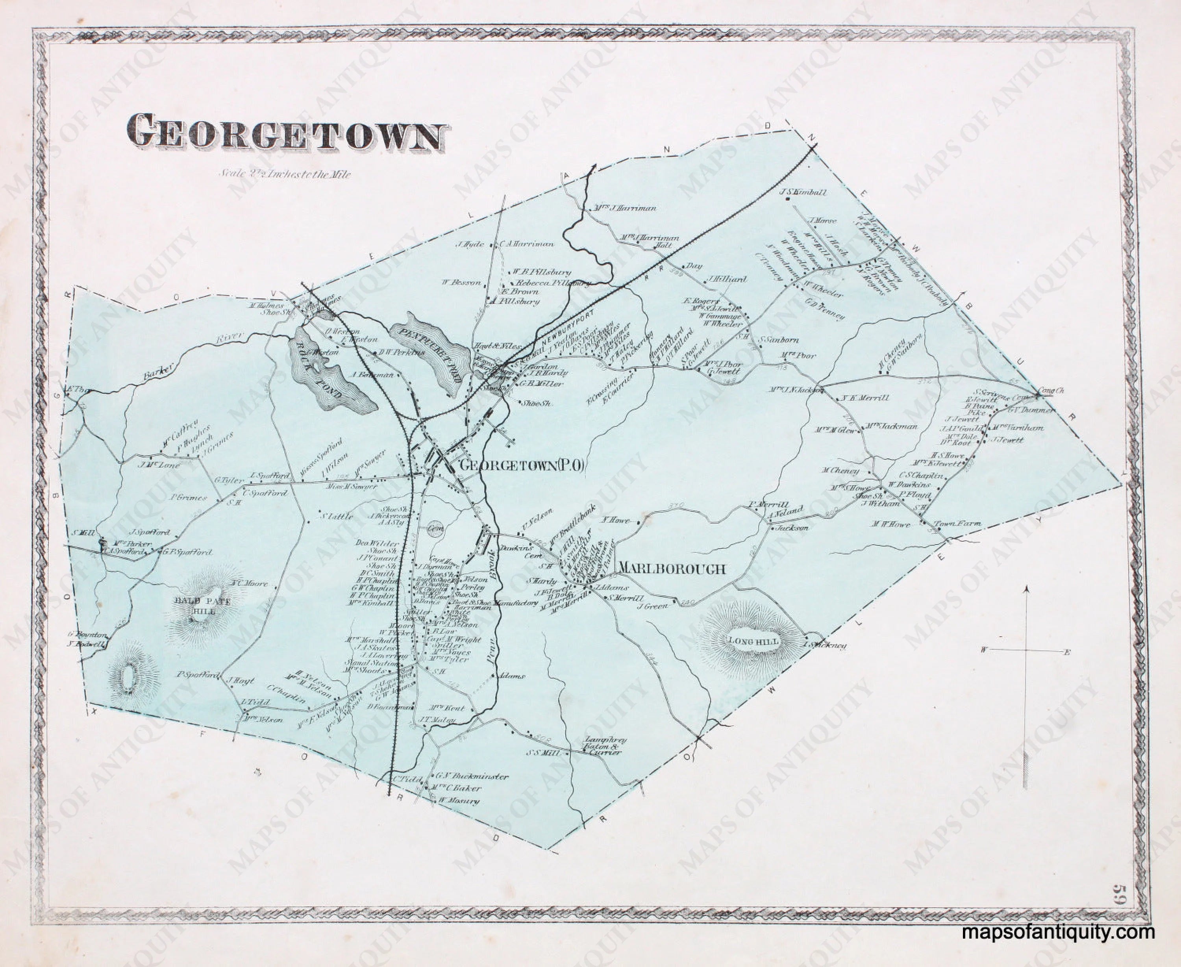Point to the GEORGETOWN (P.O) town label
(x=521, y=467)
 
